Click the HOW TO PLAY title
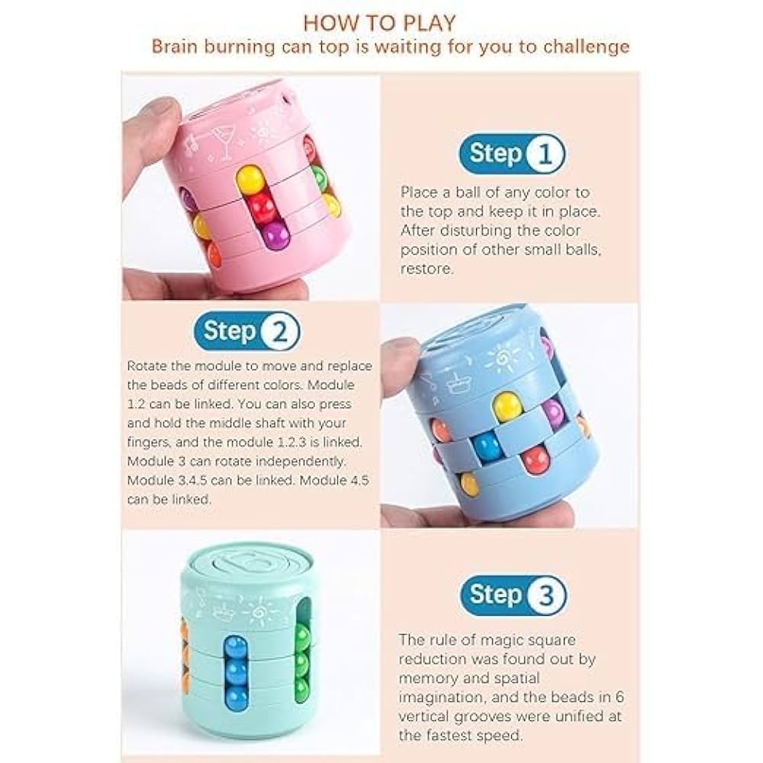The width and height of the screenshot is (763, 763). coord(379,24)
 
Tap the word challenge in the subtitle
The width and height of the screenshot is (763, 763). coord(586,47)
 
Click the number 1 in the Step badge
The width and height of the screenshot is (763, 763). coord(545,154)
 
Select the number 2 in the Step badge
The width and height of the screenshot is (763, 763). coord(279,332)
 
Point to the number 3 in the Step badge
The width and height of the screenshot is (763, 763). coord(546,594)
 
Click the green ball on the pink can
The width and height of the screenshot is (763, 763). coord(319,177)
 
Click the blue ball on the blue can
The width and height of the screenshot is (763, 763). coord(487,446)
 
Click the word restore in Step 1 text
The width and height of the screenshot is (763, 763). coord(427,269)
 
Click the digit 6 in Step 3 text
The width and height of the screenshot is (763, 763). coord(619,697)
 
